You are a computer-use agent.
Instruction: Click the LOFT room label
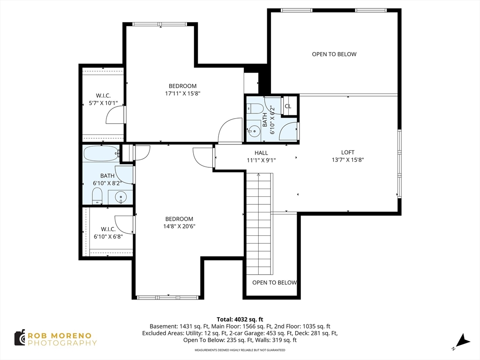(347, 152)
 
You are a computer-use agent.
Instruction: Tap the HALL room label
(261, 153)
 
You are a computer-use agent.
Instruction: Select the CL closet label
(288, 106)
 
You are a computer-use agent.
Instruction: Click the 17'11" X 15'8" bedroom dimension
(182, 93)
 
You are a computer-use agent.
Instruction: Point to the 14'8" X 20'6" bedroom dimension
(179, 226)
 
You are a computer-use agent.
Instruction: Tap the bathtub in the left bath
(101, 153)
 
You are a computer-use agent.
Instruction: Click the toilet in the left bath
(97, 196)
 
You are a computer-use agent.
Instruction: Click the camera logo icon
(20, 338)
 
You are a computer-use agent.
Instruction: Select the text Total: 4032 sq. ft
(240, 319)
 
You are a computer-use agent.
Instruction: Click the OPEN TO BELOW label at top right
(334, 54)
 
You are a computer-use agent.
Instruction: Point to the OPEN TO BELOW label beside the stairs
(274, 283)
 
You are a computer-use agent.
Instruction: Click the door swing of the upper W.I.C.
(115, 115)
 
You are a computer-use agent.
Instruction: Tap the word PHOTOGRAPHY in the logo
(62, 343)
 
